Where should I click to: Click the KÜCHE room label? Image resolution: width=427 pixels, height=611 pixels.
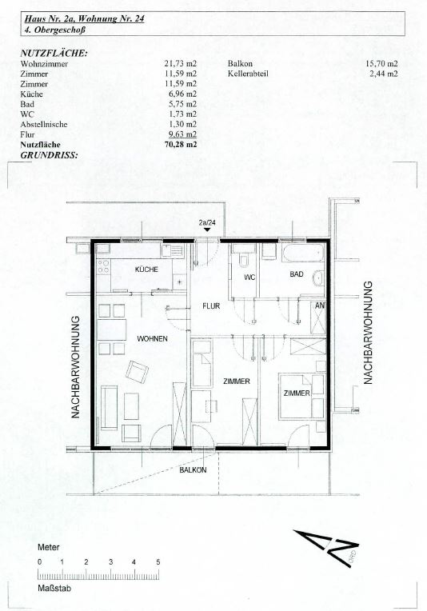pos(146,270)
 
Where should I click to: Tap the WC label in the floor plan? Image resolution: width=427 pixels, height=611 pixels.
pos(249,278)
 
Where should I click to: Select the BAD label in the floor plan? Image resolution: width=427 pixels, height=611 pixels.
pos(297,274)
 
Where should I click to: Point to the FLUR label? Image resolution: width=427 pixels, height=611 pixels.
pos(211,306)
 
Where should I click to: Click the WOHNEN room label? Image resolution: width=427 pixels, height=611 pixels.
pos(153,338)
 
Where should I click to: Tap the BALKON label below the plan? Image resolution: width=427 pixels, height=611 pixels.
pos(193,470)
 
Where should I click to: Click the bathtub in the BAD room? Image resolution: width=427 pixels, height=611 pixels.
pos(303,254)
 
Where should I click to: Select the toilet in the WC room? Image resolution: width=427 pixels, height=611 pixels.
pos(244,260)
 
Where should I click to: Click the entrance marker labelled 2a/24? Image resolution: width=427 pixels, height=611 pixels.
pos(207,226)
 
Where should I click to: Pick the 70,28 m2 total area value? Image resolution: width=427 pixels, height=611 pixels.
pos(181,145)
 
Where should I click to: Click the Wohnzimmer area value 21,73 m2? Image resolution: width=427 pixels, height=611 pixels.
pos(181,63)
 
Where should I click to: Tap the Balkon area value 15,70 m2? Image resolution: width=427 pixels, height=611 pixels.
pos(381,63)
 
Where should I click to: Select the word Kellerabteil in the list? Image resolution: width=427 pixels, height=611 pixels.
pos(248,74)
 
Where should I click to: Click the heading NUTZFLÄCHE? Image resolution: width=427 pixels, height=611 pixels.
pos(54,54)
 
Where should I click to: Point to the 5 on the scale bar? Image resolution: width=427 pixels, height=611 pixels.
pos(158,562)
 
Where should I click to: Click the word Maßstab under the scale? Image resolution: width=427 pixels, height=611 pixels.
pos(54,588)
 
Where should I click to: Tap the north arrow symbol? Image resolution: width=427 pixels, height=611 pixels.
pos(327,548)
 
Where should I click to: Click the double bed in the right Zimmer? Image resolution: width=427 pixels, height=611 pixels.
pos(302,397)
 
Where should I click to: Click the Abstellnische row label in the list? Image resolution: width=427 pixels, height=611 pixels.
pos(44,124)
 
